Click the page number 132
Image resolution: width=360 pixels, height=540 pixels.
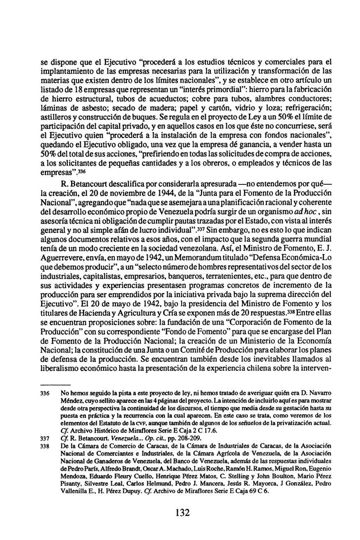coord(182,512)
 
